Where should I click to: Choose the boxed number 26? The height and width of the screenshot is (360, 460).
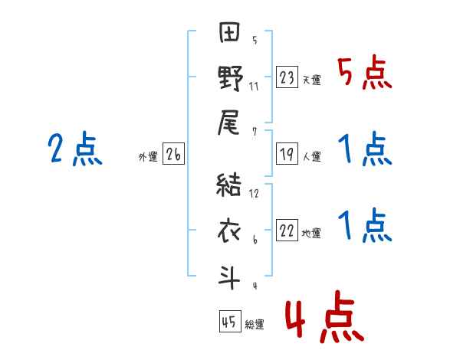pos(173,155)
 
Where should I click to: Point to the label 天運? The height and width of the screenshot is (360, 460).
pos(311,80)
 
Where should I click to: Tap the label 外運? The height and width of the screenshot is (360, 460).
pos(148,157)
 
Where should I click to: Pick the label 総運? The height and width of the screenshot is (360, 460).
pos(255,324)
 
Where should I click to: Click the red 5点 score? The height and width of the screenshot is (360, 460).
pos(364,74)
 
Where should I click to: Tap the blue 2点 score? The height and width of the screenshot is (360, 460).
pos(74,149)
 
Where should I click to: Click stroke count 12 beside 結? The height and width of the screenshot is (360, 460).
pos(254,194)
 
